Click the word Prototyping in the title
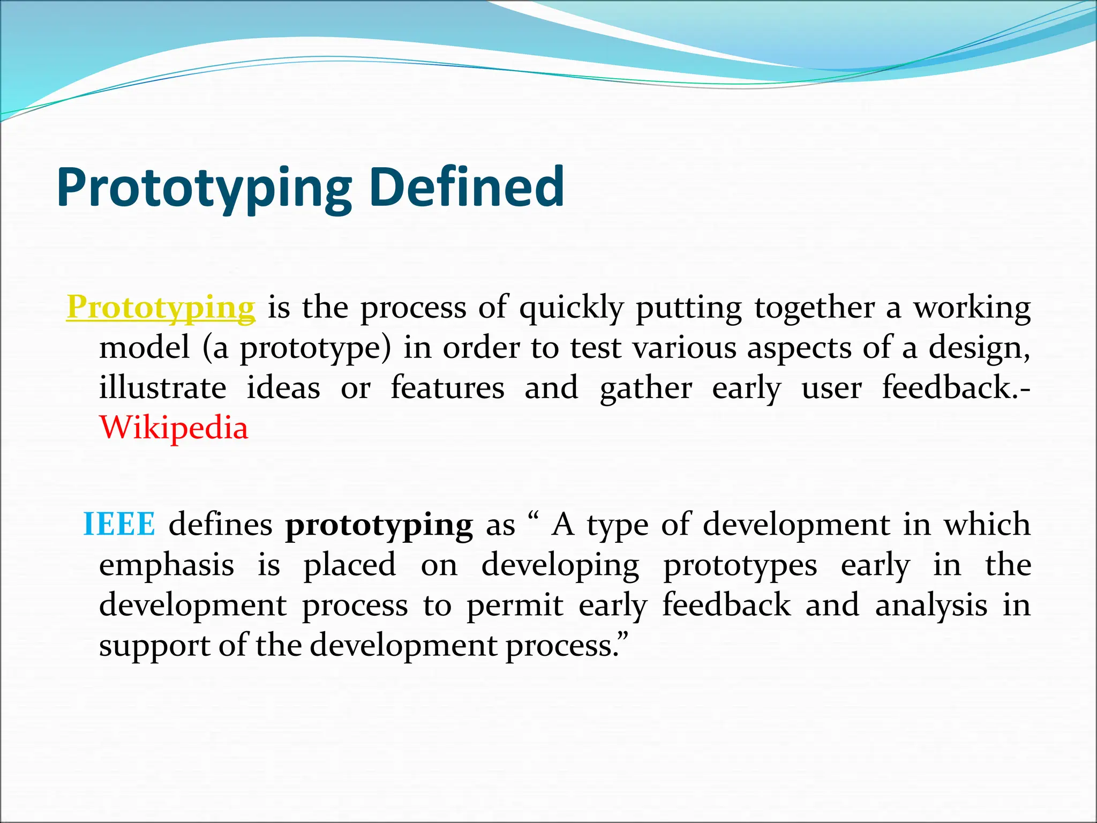[204, 188]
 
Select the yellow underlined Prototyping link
[161, 308]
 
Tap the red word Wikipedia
[174, 428]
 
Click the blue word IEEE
[119, 524]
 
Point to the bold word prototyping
[379, 525]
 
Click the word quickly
[572, 309]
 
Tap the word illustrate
[162, 387]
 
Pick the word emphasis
[167, 565]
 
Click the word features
[447, 387]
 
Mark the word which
[987, 524]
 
